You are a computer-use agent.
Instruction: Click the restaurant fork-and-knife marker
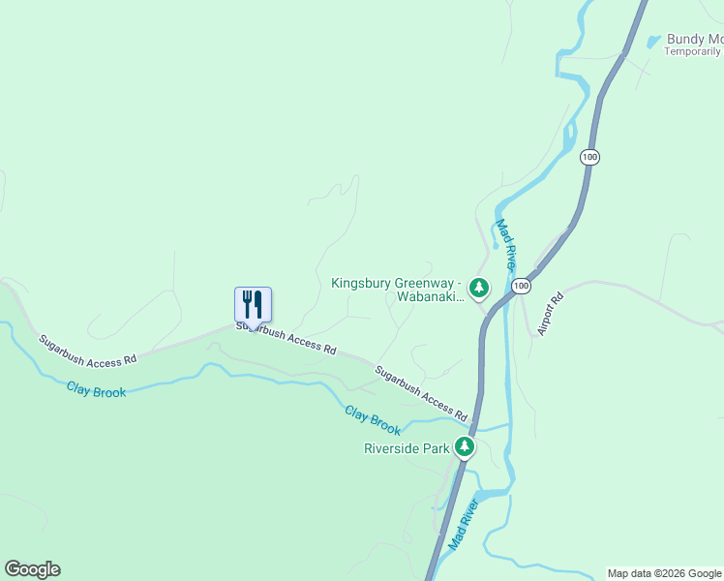click(253, 304)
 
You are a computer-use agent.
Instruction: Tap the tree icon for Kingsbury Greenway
click(478, 287)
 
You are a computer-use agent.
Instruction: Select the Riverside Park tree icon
click(465, 446)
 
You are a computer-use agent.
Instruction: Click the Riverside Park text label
click(407, 448)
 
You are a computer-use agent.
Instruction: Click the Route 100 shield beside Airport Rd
click(522, 286)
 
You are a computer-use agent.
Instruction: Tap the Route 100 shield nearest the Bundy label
click(589, 156)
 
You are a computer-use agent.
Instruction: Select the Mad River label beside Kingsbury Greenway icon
click(506, 245)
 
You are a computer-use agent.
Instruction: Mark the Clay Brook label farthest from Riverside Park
click(96, 389)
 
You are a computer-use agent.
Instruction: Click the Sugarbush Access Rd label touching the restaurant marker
click(287, 339)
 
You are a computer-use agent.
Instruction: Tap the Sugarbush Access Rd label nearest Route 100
click(421, 386)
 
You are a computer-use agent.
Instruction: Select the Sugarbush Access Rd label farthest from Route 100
click(87, 351)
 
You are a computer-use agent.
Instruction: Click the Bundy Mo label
click(694, 40)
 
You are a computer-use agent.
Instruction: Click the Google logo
click(32, 569)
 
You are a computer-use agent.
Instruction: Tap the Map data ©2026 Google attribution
click(664, 573)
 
